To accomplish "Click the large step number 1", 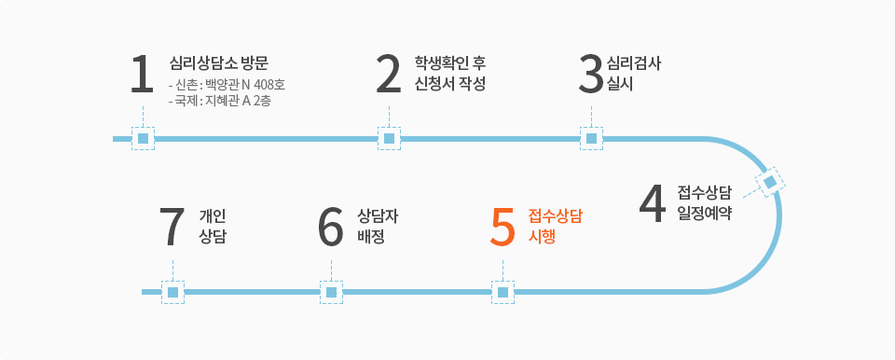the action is click(142, 75).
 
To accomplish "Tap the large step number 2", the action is click(389, 75).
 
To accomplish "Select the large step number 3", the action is click(591, 75).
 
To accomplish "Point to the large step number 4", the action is click(653, 205).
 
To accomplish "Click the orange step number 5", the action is click(503, 228).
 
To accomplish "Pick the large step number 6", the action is click(331, 228).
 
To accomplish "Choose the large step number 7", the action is click(173, 228).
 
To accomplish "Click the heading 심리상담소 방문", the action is click(219, 62).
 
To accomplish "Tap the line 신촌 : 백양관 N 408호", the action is click(227, 86).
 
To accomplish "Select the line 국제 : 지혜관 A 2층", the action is click(220, 101).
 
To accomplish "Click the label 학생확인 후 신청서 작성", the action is click(450, 74).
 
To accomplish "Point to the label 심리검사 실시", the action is click(634, 74).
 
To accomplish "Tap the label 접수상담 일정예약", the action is click(705, 203).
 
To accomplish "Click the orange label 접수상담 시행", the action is click(556, 227).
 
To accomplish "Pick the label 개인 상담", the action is click(213, 227).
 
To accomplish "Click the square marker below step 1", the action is click(144, 138).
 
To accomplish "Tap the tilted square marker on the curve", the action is click(770, 182).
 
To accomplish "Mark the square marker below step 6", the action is click(331, 292).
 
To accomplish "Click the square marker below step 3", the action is click(591, 138).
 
